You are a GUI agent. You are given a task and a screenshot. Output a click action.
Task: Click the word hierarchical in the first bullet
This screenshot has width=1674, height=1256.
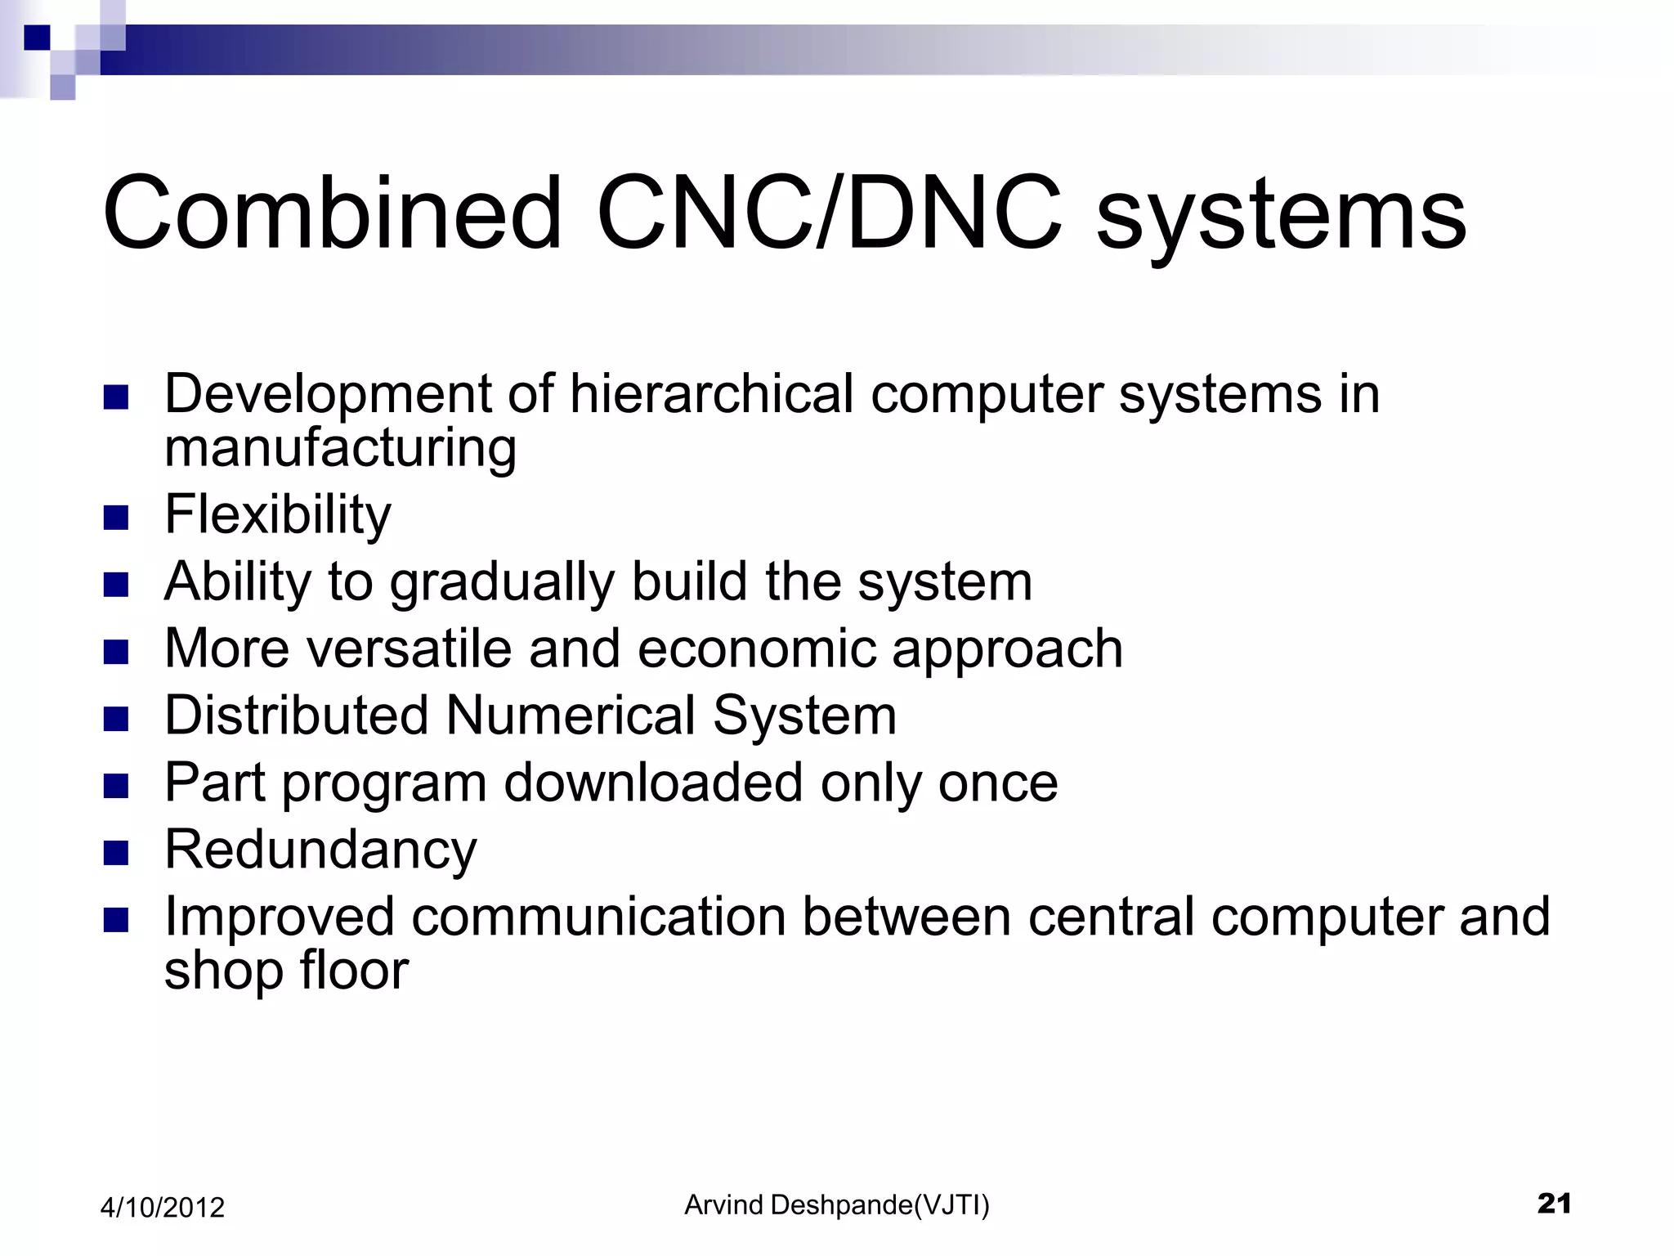pyautogui.click(x=711, y=394)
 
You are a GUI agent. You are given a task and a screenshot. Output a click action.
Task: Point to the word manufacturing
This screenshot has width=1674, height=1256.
pyautogui.click(x=340, y=450)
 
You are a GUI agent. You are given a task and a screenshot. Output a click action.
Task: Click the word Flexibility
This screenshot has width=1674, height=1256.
pyautogui.click(x=278, y=515)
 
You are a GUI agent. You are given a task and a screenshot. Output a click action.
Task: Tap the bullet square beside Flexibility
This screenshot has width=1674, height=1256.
pyautogui.click(x=117, y=518)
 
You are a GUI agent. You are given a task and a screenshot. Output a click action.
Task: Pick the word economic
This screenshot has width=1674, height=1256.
pyautogui.click(x=756, y=650)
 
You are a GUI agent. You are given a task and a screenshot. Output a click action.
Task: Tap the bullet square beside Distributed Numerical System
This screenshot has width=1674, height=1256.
pyautogui.click(x=117, y=719)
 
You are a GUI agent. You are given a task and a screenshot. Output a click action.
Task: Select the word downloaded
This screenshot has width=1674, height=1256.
pyautogui.click(x=653, y=783)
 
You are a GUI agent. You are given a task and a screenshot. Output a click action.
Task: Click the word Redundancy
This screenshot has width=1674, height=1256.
pyautogui.click(x=320, y=850)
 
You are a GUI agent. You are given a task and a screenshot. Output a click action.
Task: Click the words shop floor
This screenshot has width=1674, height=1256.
pyautogui.click(x=286, y=971)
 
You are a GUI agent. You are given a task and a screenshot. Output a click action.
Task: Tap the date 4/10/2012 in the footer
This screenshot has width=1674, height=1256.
pyautogui.click(x=162, y=1208)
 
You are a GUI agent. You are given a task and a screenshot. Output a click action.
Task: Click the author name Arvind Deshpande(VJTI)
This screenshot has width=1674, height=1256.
pyautogui.click(x=836, y=1205)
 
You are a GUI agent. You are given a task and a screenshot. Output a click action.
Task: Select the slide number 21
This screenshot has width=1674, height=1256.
pyautogui.click(x=1554, y=1204)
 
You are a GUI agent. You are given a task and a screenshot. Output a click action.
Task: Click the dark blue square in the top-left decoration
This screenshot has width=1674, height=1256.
pyautogui.click(x=37, y=38)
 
